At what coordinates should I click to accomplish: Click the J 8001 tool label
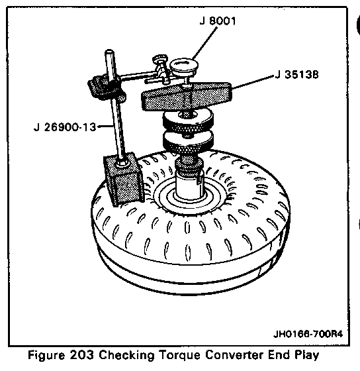coord(218,21)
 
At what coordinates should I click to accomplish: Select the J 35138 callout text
coord(297,74)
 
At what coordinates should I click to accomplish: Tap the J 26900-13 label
coord(65,127)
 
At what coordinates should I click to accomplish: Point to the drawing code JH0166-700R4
coord(308,334)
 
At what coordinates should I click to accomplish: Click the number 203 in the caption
coord(82,355)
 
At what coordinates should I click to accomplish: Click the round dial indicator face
coord(184,66)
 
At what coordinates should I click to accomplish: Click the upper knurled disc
coord(188,121)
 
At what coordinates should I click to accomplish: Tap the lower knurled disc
coord(188,141)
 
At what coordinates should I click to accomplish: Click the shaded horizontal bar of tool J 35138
coord(187,97)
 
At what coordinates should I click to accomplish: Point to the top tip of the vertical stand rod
coord(109,50)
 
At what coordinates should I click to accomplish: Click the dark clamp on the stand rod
coord(107,87)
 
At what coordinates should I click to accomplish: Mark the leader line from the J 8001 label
coord(204,43)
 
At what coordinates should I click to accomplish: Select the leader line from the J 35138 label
coord(253,82)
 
